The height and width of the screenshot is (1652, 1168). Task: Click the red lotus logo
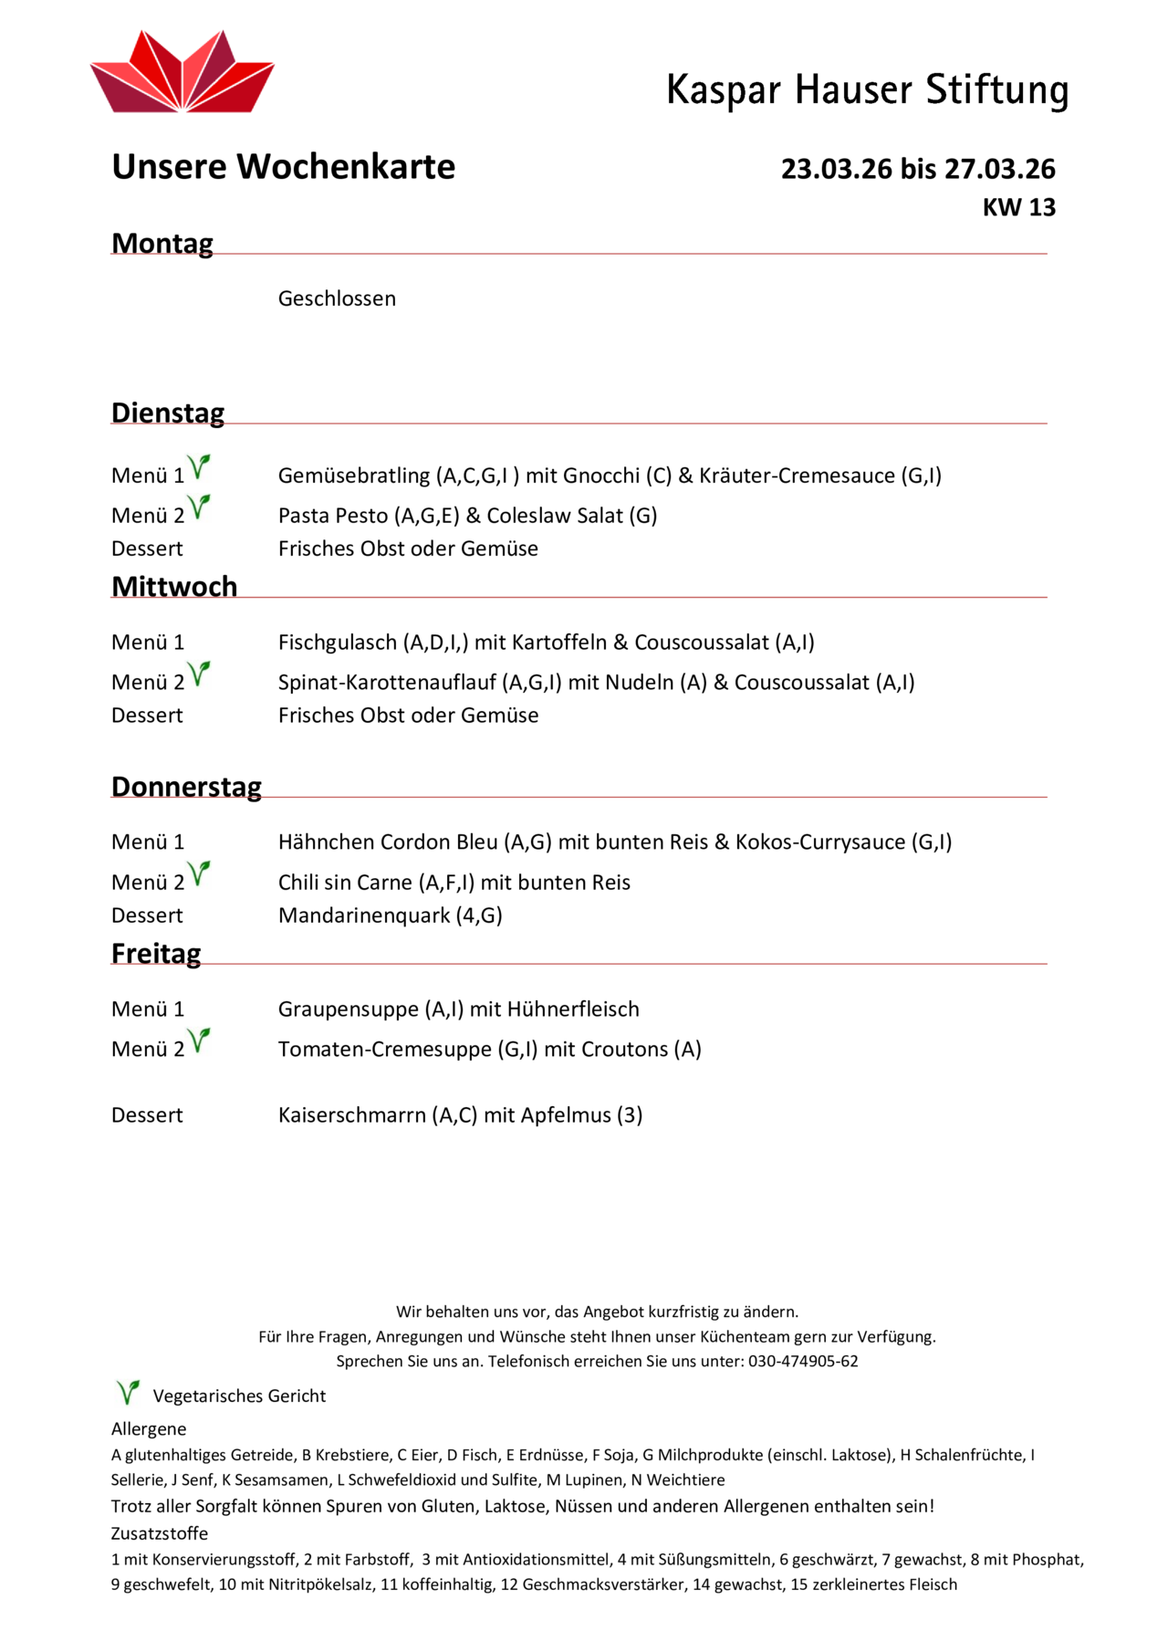(x=182, y=73)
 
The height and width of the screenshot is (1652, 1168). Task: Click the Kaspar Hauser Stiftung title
(x=867, y=90)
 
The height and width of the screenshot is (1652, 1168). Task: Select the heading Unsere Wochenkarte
(x=283, y=167)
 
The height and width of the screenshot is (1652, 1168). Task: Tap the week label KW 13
(x=1018, y=208)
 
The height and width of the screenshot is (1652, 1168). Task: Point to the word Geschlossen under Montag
(x=337, y=298)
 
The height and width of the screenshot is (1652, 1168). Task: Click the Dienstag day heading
(x=168, y=413)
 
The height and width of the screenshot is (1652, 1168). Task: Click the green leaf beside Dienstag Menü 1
(x=199, y=467)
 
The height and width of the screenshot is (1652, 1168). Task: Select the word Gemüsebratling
(x=354, y=476)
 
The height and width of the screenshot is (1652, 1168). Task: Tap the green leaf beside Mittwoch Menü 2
(x=199, y=674)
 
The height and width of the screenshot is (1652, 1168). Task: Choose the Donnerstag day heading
(x=186, y=787)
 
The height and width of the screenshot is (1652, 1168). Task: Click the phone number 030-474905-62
(x=803, y=1361)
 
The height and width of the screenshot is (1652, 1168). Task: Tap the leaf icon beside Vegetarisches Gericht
(x=128, y=1392)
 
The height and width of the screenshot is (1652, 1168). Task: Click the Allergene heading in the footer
(x=149, y=1428)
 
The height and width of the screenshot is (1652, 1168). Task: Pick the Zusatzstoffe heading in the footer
(x=160, y=1533)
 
